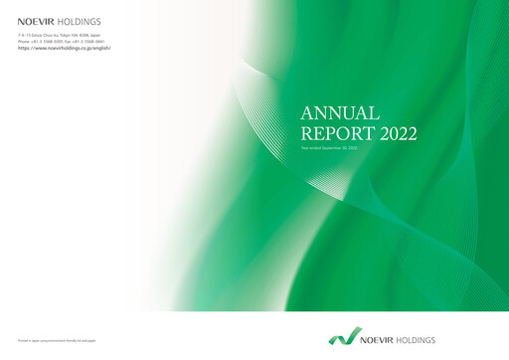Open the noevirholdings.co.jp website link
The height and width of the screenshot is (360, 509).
pyautogui.click(x=64, y=48)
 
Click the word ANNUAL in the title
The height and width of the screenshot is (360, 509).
pyautogui.click(x=339, y=112)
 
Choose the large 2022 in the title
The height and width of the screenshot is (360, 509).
pyautogui.click(x=398, y=134)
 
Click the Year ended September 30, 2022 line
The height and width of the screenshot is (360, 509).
pyautogui.click(x=328, y=148)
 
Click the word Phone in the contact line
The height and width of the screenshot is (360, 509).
pyautogui.click(x=23, y=42)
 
